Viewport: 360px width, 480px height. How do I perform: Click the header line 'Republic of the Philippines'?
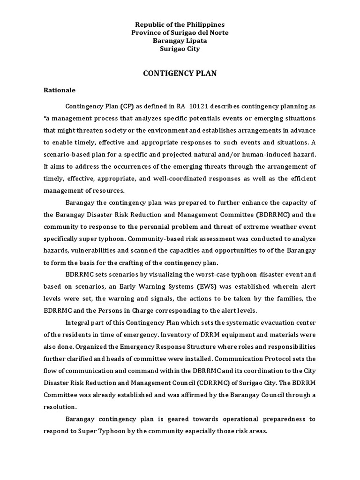coord(180,24)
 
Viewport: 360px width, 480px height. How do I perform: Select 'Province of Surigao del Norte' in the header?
coord(180,32)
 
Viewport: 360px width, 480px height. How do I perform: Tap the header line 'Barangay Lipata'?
coord(180,40)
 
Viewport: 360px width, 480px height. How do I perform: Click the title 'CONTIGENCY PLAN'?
coord(180,74)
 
